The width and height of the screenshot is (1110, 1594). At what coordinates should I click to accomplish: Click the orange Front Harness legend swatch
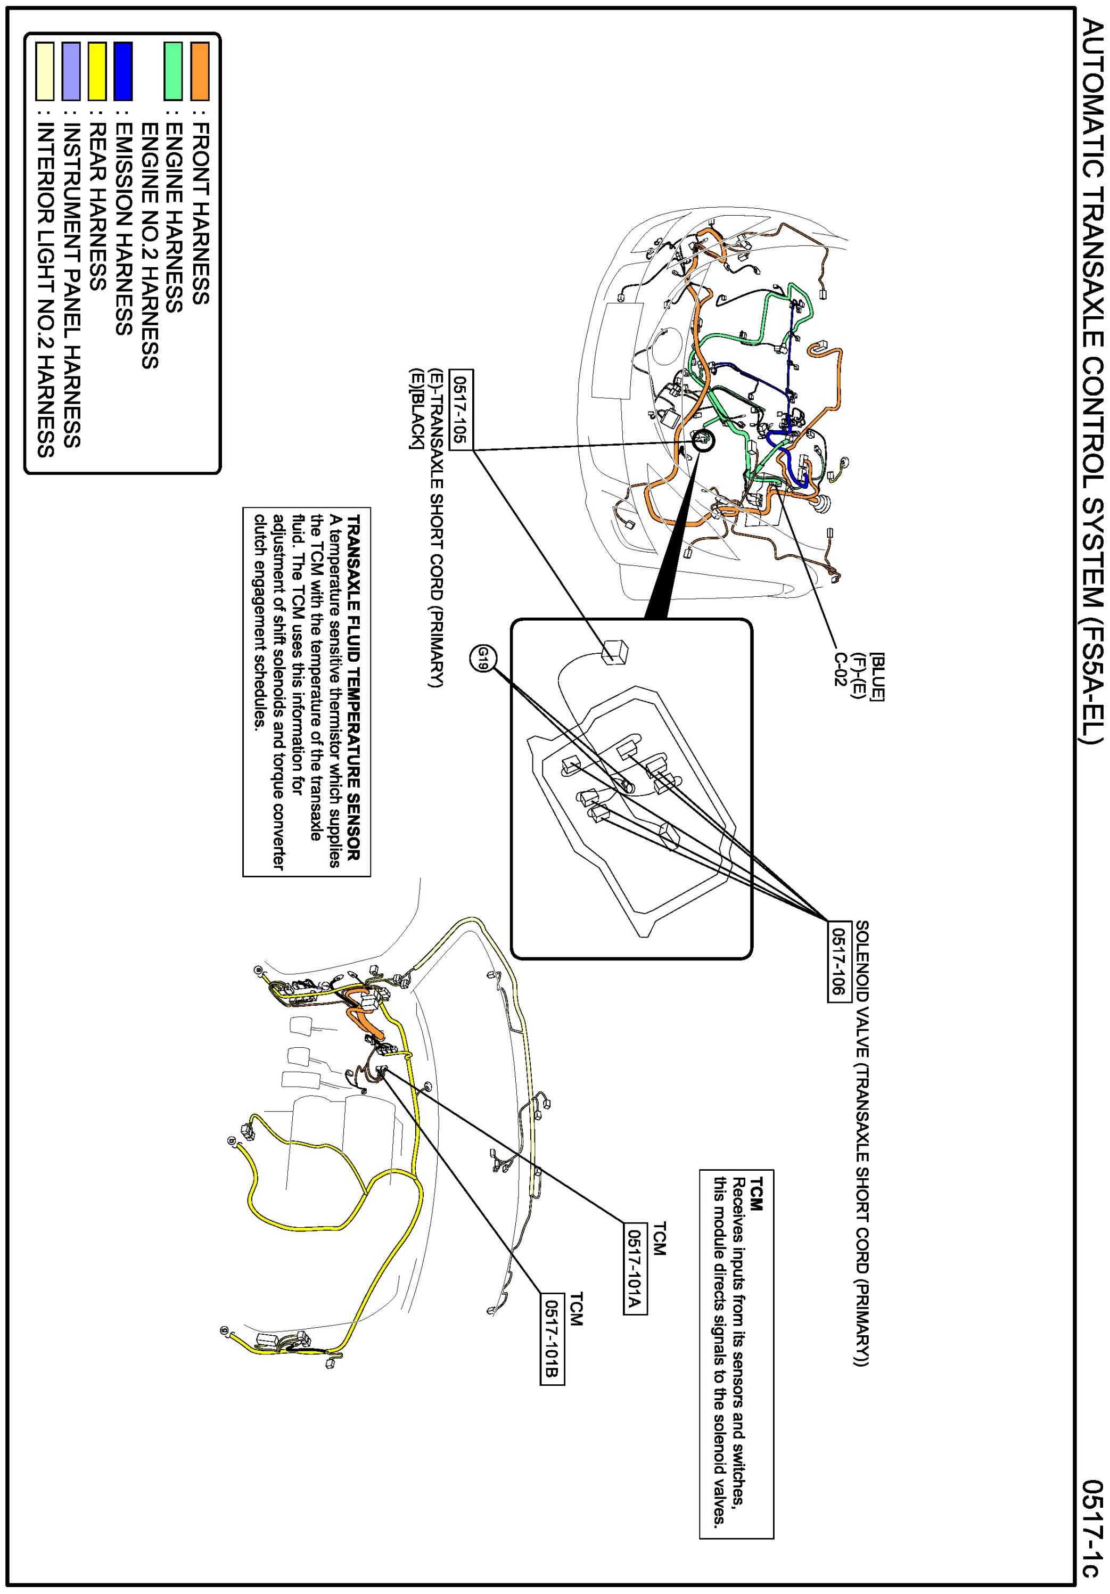[x=200, y=71]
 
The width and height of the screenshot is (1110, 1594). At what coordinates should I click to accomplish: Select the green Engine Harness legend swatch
[x=173, y=71]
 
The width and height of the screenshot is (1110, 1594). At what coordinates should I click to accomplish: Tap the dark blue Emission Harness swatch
[x=123, y=71]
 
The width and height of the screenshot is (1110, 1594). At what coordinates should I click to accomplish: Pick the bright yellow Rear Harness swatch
[x=97, y=71]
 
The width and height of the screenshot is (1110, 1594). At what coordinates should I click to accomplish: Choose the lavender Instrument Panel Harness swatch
[x=71, y=71]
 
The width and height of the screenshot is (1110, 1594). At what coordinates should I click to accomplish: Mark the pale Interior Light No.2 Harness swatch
[x=45, y=71]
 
